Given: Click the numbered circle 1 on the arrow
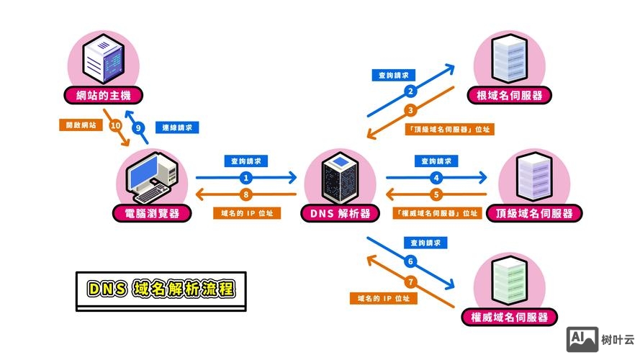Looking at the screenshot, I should click(246, 177).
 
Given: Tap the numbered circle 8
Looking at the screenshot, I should click(246, 194).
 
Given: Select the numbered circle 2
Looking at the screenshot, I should click(410, 91).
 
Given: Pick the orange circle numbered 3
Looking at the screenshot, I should click(410, 110).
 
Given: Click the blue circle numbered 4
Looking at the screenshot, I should click(436, 177).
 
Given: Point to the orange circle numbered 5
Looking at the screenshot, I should click(436, 194).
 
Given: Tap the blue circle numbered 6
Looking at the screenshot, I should click(410, 261).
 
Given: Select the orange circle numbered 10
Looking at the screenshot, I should click(115, 125).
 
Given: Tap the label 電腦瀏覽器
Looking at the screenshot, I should click(153, 213).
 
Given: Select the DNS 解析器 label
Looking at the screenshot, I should click(340, 213).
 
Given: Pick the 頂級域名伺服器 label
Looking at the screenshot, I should click(534, 214).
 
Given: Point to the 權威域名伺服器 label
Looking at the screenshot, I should click(509, 317).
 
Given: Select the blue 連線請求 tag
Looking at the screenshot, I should click(177, 127).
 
